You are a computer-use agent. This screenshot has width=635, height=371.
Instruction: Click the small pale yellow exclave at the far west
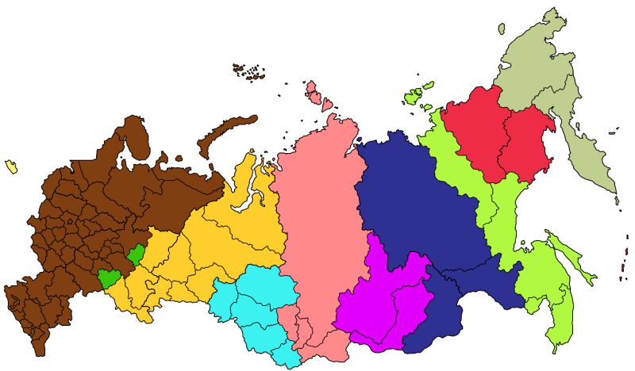(11, 166)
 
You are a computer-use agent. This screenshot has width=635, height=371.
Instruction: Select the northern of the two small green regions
(137, 255)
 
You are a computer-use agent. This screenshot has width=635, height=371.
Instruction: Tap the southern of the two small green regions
(109, 278)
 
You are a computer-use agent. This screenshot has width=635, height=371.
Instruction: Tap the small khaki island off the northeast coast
(502, 29)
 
